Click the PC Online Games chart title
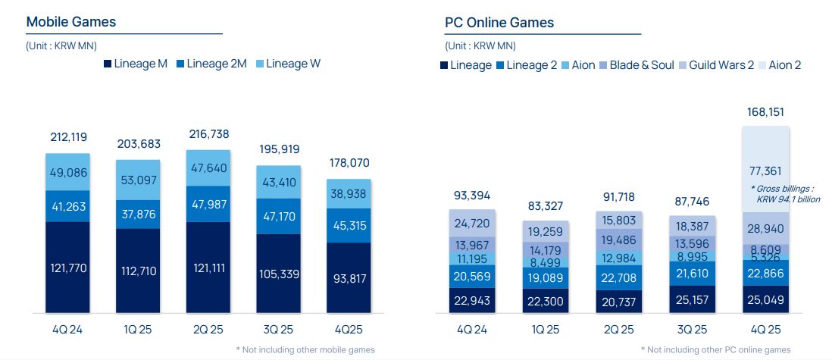tap(499, 22)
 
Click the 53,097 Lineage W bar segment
tap(138, 180)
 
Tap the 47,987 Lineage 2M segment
tap(208, 204)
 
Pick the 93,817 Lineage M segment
tap(349, 277)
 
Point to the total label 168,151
tap(766, 112)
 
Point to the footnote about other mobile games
tap(305, 349)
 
